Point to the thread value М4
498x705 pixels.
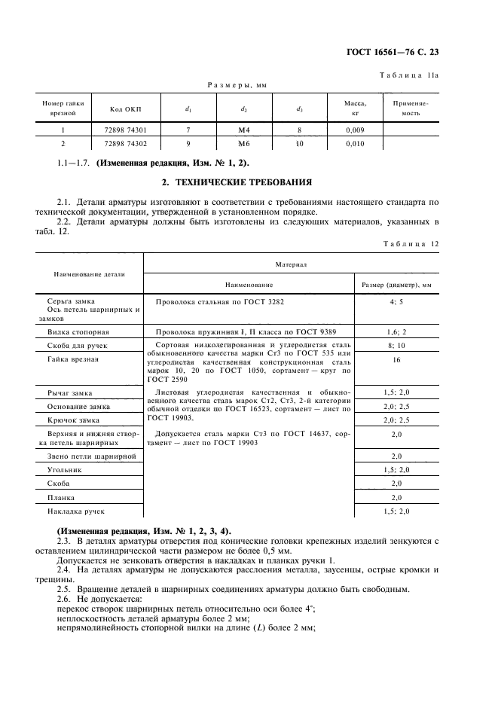click(243, 130)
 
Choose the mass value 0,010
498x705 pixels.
click(354, 143)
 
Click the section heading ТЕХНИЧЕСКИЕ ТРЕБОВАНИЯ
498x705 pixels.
click(248, 183)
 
